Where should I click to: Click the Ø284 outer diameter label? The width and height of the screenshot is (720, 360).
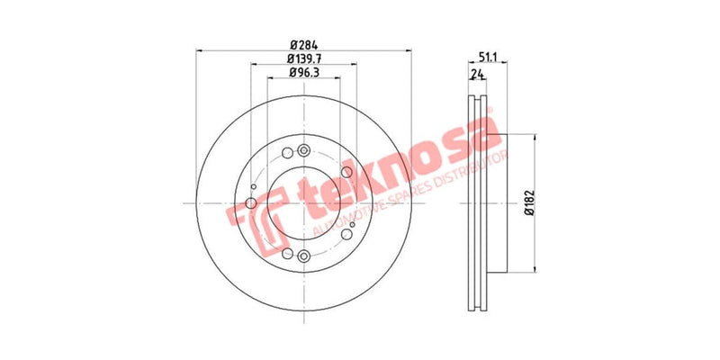[302, 45]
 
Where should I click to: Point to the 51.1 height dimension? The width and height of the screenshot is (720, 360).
[488, 58]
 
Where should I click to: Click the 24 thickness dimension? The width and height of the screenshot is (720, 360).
[475, 76]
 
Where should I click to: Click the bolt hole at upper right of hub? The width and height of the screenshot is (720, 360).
[346, 173]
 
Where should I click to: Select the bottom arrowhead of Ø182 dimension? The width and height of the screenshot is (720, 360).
[537, 267]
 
